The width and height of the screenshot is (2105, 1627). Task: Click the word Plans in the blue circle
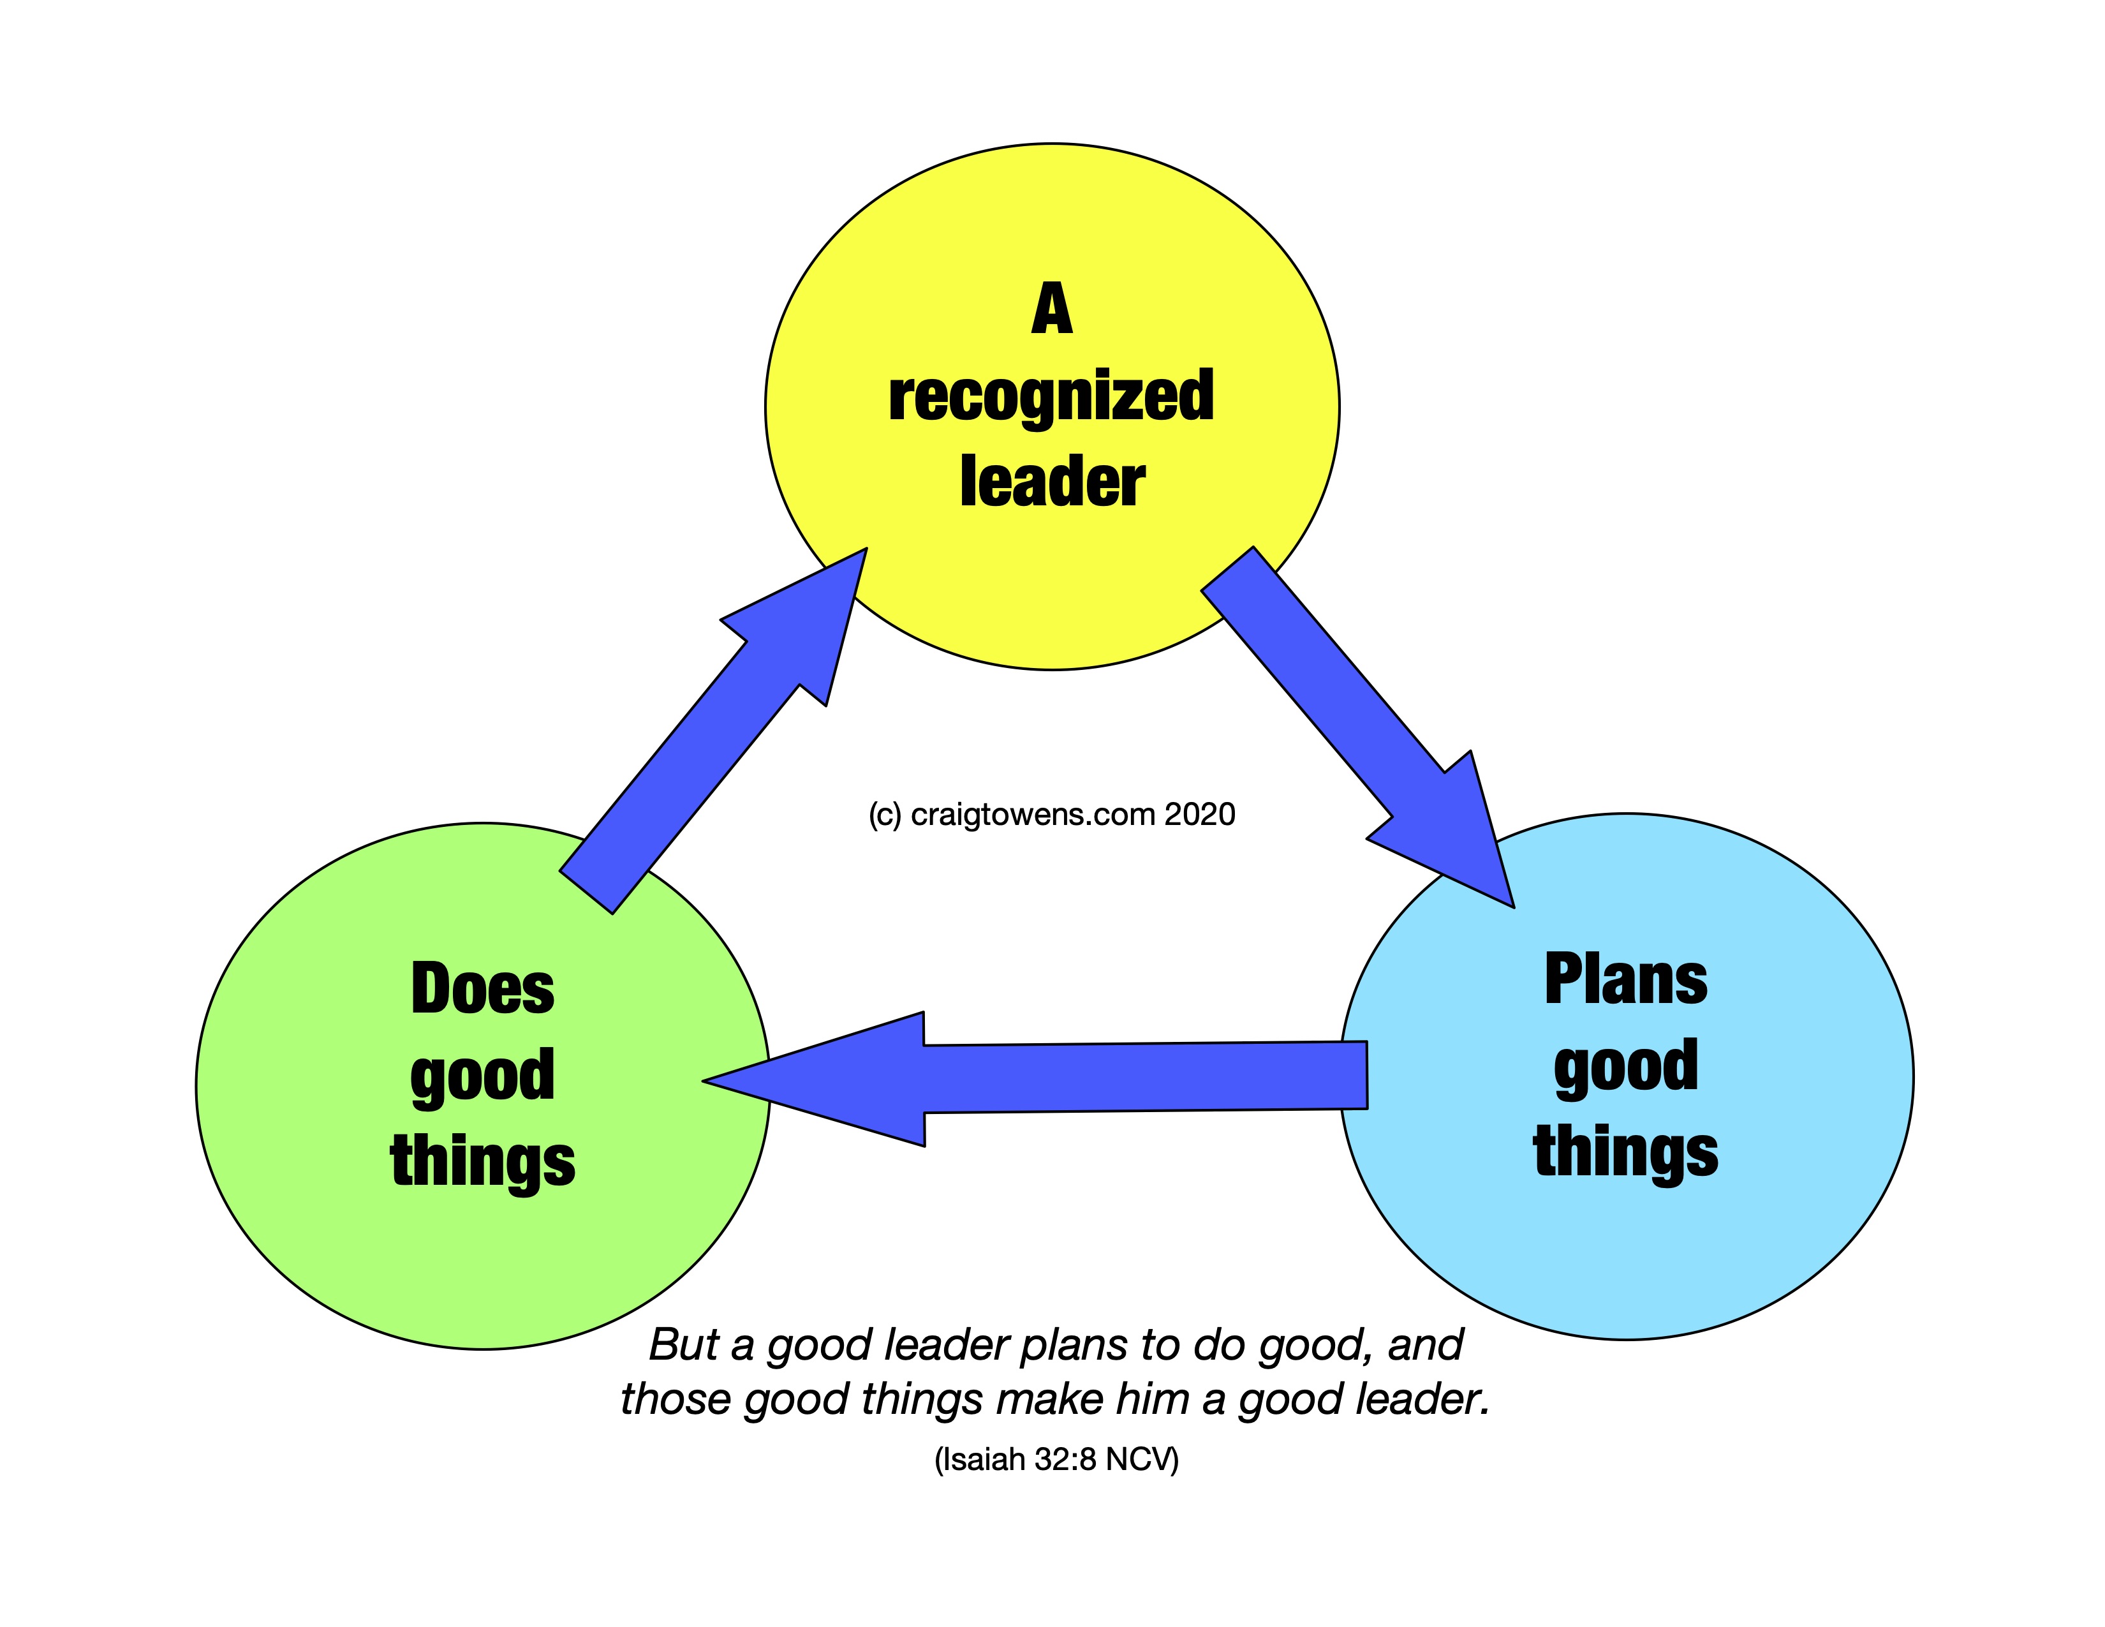(x=1626, y=979)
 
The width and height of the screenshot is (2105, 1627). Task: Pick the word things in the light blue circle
(x=1626, y=1151)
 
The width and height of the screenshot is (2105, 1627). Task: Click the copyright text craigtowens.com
(x=1032, y=815)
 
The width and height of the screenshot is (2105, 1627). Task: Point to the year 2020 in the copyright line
(x=1199, y=815)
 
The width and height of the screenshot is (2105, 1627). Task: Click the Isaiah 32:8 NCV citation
(x=1056, y=1459)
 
